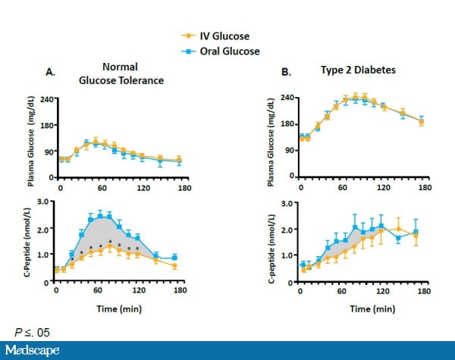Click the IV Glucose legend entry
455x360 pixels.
coord(214,35)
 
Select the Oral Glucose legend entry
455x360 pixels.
coord(218,51)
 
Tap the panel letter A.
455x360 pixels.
coord(51,72)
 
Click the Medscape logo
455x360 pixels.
coord(38,351)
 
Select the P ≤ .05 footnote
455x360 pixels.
coord(36,332)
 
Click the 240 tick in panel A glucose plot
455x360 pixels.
coord(44,99)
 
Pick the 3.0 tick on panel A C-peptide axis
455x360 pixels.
coord(44,202)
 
